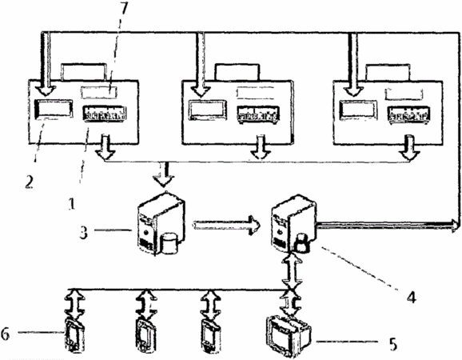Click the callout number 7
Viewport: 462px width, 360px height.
coord(123,10)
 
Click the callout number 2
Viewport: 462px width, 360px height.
coord(29,182)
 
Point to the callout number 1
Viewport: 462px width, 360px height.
coord(71,204)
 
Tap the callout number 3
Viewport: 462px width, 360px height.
coord(84,232)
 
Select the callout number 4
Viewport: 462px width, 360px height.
coord(412,297)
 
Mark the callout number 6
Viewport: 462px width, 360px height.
coord(6,334)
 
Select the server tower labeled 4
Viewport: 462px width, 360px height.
coord(294,223)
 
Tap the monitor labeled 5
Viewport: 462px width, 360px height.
coord(289,336)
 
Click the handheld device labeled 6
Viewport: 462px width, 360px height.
coord(74,335)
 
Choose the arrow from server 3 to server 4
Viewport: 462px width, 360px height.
coord(226,226)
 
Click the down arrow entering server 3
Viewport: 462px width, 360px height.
coord(164,174)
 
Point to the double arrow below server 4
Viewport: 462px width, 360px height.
coord(292,270)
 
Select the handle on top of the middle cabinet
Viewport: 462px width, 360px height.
coord(237,72)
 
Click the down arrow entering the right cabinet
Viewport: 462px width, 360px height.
coord(352,64)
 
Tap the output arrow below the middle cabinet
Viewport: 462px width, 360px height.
coord(261,146)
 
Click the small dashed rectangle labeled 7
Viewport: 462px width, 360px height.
coord(99,92)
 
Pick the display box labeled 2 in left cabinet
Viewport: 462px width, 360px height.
coord(54,109)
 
